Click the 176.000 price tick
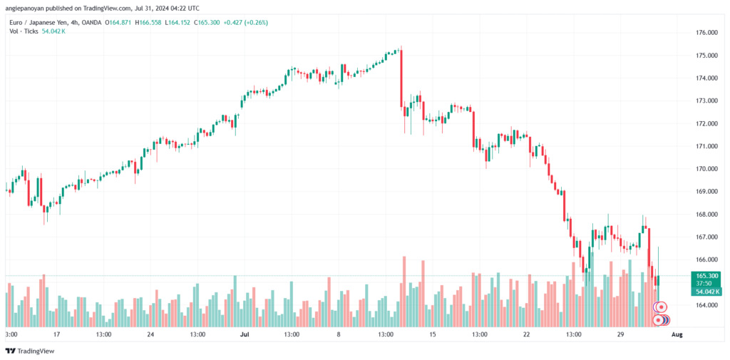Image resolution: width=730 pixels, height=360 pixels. [x=706, y=33]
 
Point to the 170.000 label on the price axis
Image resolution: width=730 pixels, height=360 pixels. [x=706, y=169]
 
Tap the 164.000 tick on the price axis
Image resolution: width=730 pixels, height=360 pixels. [x=706, y=305]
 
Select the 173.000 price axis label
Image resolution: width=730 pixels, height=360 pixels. [x=706, y=101]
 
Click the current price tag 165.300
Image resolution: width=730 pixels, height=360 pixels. [x=706, y=275]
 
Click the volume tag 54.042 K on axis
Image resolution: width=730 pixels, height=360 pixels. [x=706, y=291]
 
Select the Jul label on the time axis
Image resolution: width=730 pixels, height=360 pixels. [x=245, y=334]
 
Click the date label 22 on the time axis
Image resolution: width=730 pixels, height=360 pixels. [x=526, y=334]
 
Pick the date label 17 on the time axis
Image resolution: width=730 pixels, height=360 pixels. [x=56, y=334]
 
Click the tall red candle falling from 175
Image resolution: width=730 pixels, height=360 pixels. [x=402, y=78]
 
